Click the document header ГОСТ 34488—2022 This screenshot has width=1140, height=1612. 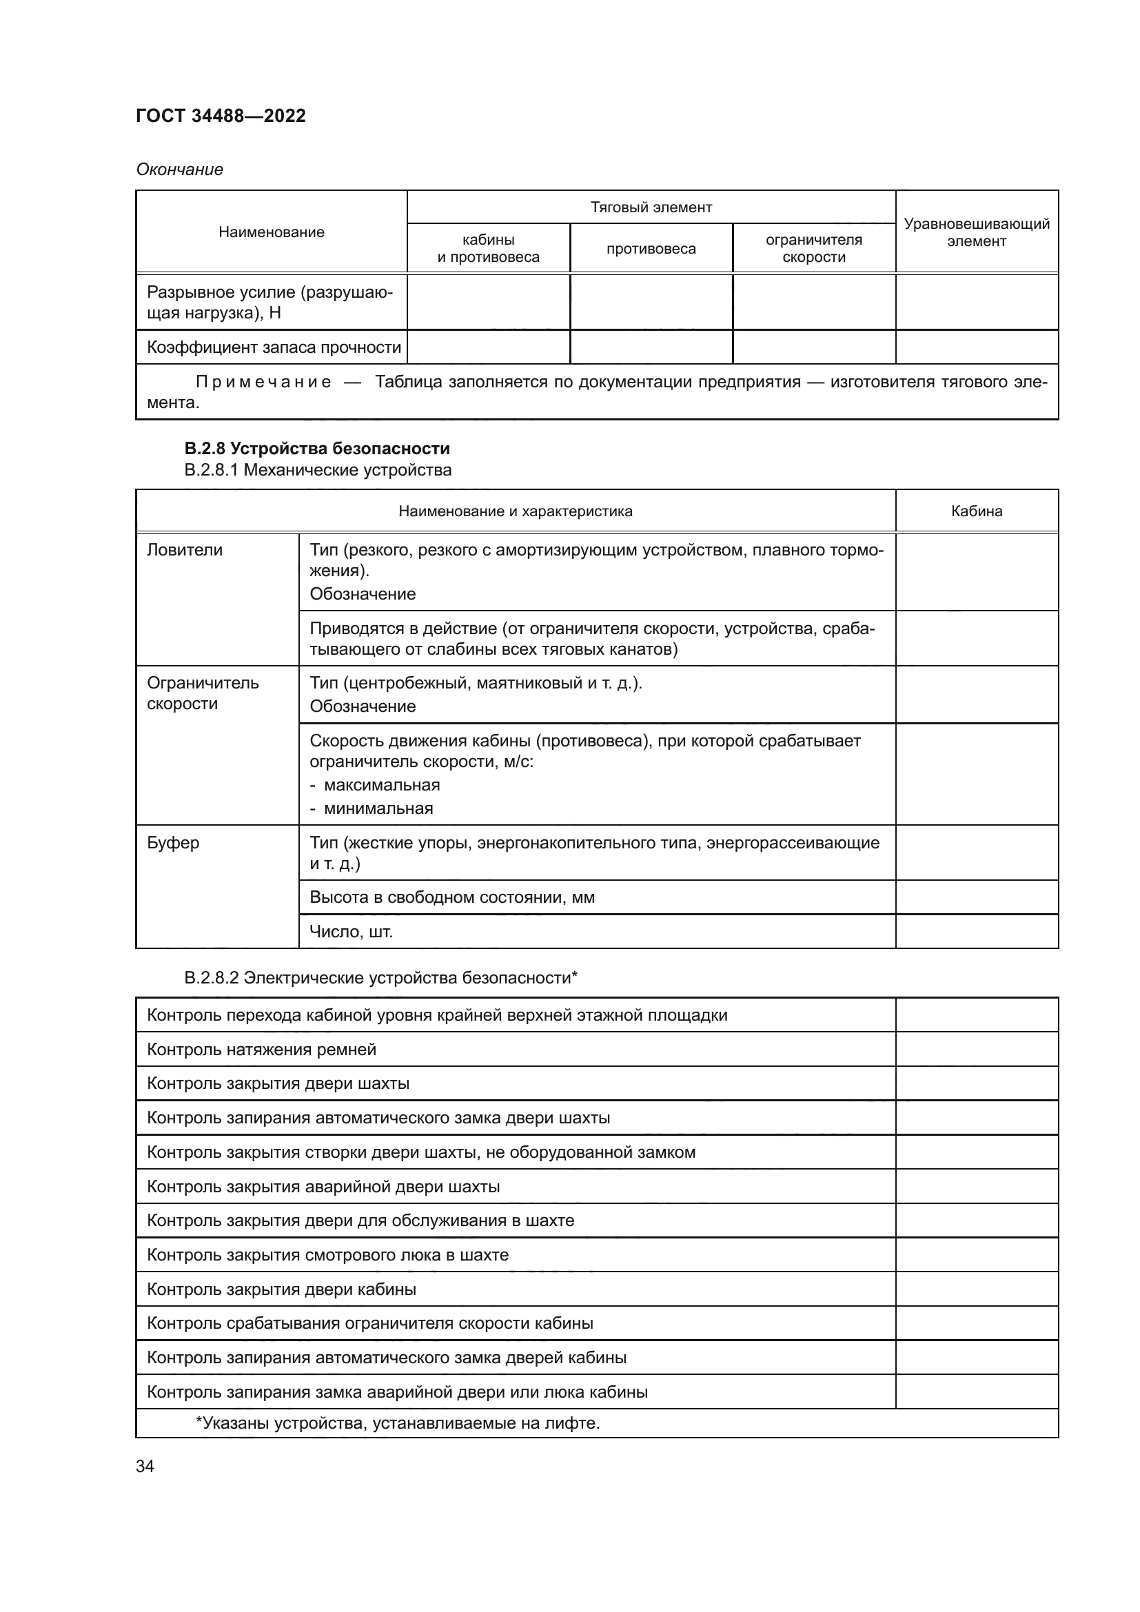click(221, 116)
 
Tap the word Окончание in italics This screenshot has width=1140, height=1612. click(180, 170)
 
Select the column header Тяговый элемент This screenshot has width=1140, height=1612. click(651, 207)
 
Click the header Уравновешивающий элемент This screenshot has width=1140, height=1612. click(976, 232)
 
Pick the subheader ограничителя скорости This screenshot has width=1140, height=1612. click(813, 248)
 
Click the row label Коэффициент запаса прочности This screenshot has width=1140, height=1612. click(274, 347)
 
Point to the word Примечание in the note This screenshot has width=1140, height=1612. click(263, 382)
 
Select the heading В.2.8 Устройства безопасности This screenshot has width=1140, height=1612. click(316, 448)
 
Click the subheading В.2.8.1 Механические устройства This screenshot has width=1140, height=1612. click(317, 470)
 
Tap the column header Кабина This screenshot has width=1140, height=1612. click(976, 511)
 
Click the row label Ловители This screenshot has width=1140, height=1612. click(185, 550)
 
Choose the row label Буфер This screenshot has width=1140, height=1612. click(173, 842)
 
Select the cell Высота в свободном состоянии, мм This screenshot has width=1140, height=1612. click(452, 897)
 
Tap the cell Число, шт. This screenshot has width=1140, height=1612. click(351, 932)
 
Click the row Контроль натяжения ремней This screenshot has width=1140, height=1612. click(262, 1050)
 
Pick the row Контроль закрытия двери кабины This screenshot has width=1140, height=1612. click(281, 1289)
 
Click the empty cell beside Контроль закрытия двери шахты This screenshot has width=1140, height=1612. click(976, 1083)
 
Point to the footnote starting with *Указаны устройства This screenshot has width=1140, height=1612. click(397, 1423)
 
